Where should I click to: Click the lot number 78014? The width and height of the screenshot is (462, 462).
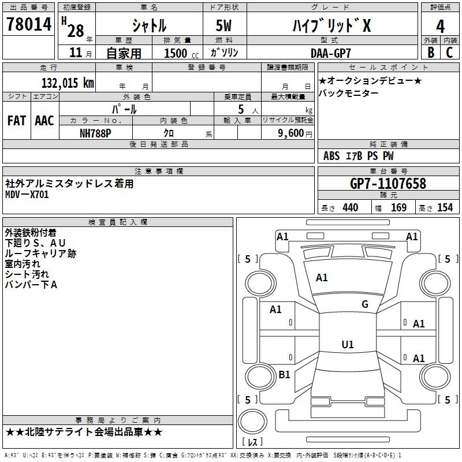coord(29,24)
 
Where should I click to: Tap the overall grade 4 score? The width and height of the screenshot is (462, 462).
coord(440,27)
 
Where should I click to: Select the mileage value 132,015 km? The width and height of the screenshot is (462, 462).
coord(68,83)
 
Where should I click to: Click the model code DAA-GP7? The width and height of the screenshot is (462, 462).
coord(331,53)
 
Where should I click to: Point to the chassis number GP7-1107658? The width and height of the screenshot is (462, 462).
coord(388,184)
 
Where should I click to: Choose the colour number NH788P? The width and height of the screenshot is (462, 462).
coord(95,133)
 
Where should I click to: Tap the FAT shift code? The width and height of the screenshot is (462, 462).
coord(17,121)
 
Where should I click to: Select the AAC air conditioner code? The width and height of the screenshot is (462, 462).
coord(44,121)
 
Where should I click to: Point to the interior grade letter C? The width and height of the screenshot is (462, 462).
coord(449,53)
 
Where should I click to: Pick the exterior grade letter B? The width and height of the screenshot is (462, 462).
coord(431,53)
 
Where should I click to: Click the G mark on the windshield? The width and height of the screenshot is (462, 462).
coord(365,304)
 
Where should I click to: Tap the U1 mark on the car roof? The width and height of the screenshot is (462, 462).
coord(348,344)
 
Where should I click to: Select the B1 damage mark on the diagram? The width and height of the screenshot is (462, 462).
coord(284,374)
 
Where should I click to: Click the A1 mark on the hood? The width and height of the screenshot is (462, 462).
coord(322,278)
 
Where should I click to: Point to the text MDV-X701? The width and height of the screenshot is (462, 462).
coord(27,195)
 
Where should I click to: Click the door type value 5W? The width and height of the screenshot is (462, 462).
coord(223,26)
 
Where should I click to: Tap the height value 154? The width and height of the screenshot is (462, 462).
coord(445,208)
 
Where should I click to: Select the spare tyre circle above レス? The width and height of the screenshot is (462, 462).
coord(252,422)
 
